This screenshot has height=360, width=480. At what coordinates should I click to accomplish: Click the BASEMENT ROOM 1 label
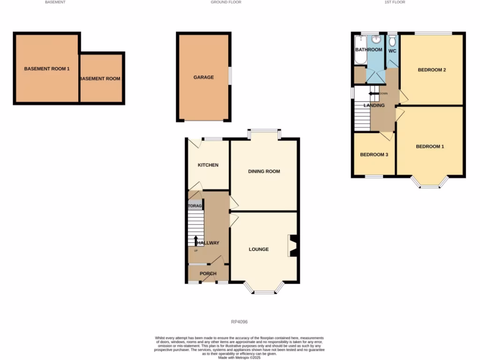(x=47, y=69)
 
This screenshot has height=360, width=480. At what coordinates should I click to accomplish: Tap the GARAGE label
(x=203, y=77)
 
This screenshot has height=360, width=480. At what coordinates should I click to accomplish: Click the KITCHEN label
(x=208, y=165)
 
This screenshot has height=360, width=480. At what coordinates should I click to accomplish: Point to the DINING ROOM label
(x=264, y=172)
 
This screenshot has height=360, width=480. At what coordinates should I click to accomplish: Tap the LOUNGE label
(x=259, y=249)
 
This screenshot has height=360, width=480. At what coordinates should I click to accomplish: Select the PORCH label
(x=208, y=274)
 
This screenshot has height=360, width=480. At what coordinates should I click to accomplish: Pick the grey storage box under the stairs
(x=195, y=206)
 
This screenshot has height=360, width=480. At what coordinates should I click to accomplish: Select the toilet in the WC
(x=392, y=41)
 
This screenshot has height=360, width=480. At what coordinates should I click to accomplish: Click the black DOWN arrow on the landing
(x=374, y=94)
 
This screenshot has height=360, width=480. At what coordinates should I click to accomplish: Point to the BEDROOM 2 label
(x=432, y=70)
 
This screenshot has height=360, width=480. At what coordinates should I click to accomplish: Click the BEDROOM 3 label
(x=374, y=155)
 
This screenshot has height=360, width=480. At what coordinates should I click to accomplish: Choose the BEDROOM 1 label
(x=430, y=147)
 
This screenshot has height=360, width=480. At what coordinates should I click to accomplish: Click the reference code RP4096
(x=239, y=322)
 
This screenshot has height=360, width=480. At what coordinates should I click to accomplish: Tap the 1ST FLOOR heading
(x=395, y=2)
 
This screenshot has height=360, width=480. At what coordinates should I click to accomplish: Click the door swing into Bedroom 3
(x=386, y=136)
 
